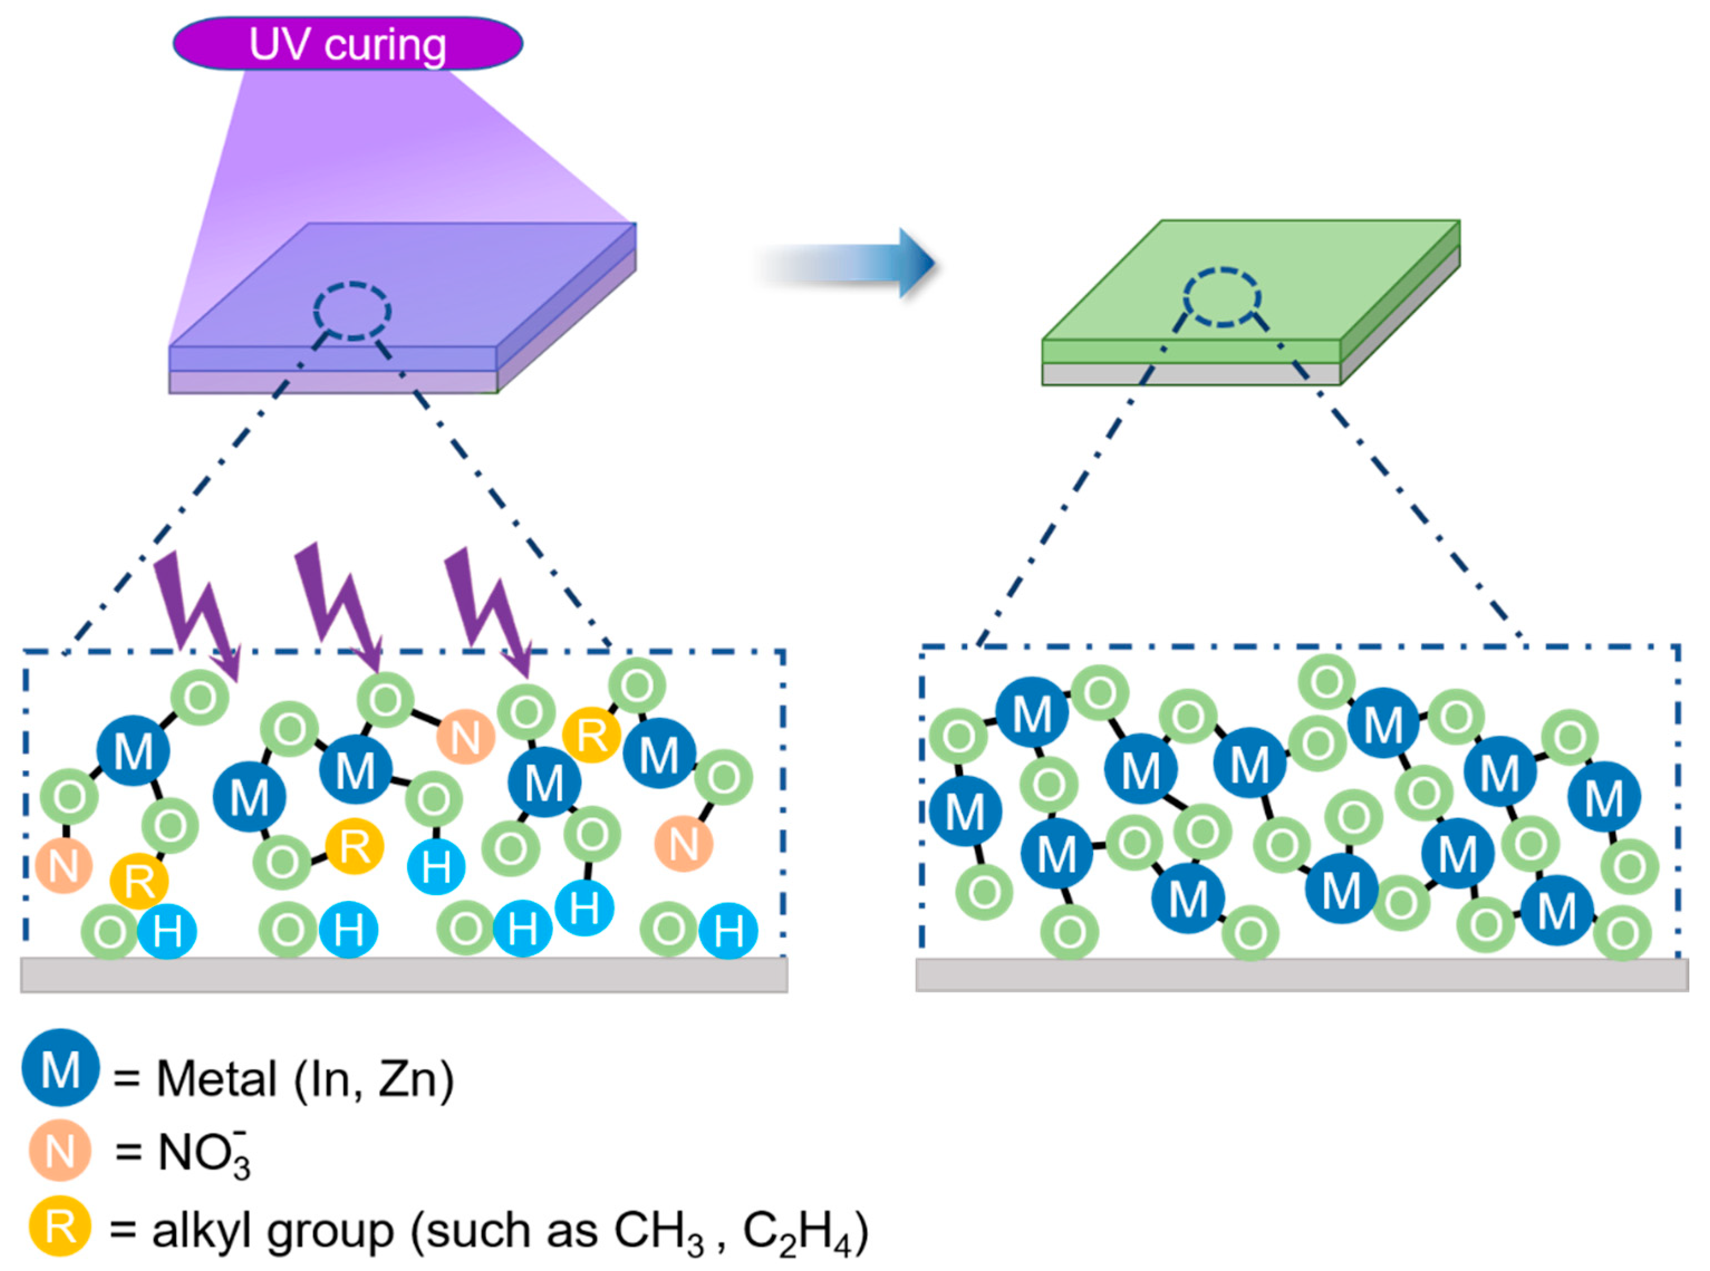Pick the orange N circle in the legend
pos(60,1152)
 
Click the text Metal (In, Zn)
pos(305,1079)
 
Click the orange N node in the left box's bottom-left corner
pos(63,865)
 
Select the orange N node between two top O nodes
pos(465,737)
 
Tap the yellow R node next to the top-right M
pos(591,734)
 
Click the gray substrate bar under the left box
pos(404,975)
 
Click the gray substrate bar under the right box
pos(1302,974)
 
